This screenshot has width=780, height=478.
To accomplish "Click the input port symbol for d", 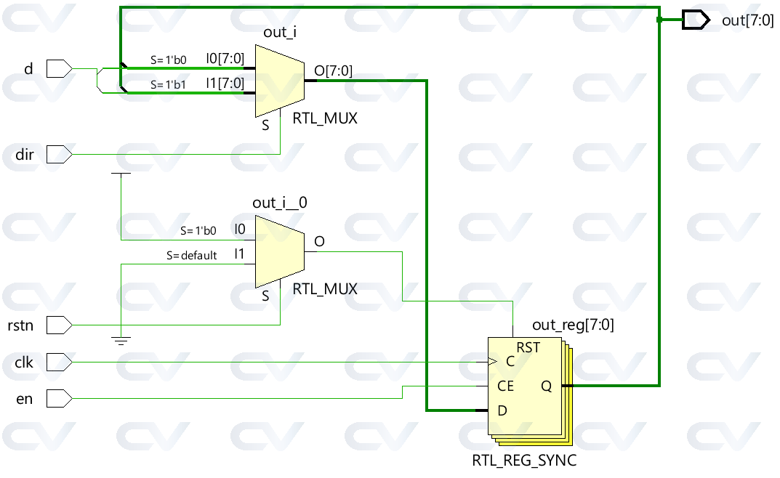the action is [x=59, y=68].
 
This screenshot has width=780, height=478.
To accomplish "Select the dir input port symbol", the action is [x=59, y=155].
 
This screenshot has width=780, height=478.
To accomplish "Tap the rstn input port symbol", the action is [x=59, y=325].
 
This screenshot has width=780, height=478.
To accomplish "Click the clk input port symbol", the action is [x=59, y=362].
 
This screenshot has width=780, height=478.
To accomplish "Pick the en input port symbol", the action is [x=59, y=399].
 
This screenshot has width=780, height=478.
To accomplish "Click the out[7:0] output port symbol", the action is [x=696, y=20].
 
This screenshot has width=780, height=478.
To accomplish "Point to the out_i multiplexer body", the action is [x=280, y=81].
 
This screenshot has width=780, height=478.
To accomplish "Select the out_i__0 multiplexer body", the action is [x=280, y=251].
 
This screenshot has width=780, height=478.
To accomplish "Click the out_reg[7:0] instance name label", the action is [x=573, y=325].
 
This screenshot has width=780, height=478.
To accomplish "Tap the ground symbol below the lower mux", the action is [x=121, y=341].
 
